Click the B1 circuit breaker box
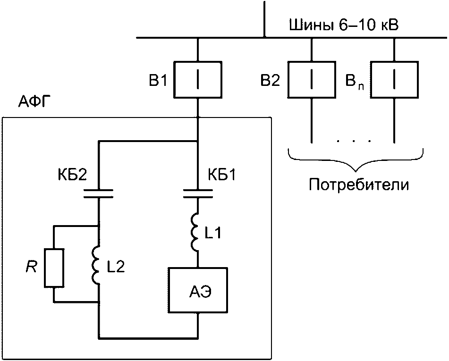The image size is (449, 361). (x=197, y=80)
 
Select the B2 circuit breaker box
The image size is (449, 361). (x=312, y=80)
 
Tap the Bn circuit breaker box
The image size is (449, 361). (x=394, y=80)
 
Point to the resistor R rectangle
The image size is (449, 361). (x=54, y=268)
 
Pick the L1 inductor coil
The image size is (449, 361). (x=196, y=232)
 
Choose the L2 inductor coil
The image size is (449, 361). (x=96, y=265)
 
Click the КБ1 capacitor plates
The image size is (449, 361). (x=198, y=193)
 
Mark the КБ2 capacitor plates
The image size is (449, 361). (x=98, y=193)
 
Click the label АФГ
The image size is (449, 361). (x=33, y=102)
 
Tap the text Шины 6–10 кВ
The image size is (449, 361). (x=344, y=26)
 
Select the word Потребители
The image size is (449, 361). (x=359, y=185)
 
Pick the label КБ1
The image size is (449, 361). (x=222, y=175)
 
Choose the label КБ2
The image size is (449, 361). (x=72, y=175)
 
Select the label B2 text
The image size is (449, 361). (x=271, y=81)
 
